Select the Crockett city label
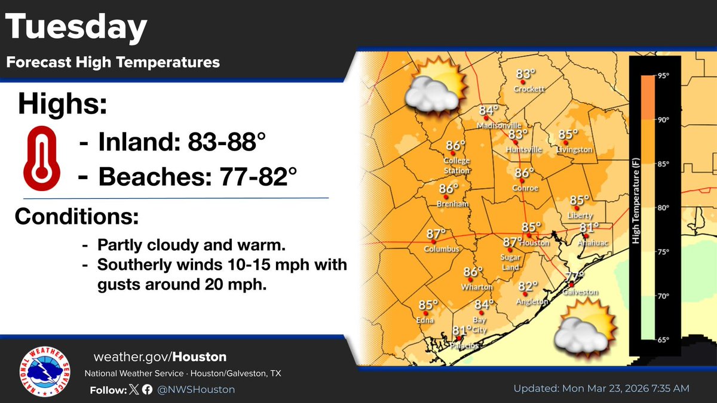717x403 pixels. (x=529, y=90)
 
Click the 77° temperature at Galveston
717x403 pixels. (x=575, y=276)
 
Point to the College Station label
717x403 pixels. (x=456, y=165)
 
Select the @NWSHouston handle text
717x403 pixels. (x=198, y=389)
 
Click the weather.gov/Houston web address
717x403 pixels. (x=160, y=357)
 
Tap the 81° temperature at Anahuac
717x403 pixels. (x=589, y=227)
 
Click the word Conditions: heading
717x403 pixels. (x=76, y=217)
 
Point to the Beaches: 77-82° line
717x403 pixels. (x=189, y=177)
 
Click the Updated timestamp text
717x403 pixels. (x=601, y=389)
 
